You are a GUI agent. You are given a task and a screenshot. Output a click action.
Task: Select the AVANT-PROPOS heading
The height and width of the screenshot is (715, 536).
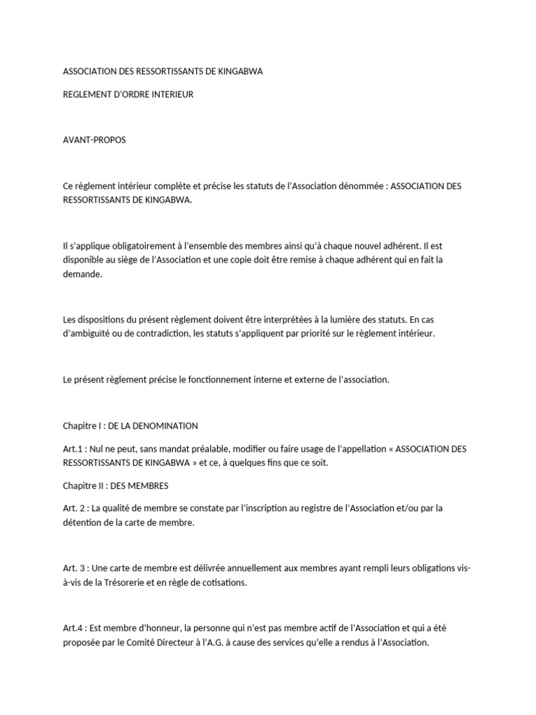coord(94,140)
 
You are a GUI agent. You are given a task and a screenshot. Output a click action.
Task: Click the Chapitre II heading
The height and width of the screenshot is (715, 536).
coord(115,485)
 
